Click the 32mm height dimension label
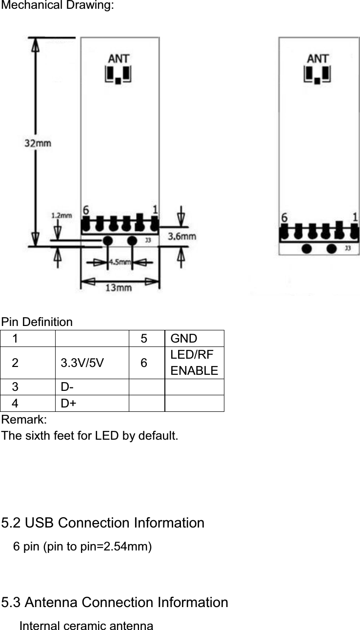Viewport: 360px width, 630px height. coord(38,144)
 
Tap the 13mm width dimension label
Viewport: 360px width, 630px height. coord(119,287)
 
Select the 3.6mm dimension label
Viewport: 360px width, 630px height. coord(182,236)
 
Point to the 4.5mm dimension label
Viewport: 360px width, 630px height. coord(119,262)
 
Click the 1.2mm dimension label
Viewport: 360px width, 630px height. coord(61,214)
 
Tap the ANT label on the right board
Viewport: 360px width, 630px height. coord(318,59)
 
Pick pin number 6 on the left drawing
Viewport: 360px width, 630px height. coord(86,210)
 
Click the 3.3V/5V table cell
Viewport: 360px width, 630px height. coord(82,364)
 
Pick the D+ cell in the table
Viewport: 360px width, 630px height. coord(69,404)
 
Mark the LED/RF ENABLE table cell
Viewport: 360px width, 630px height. coord(194,364)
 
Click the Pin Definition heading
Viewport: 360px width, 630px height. coord(37,322)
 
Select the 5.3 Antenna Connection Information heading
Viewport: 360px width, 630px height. coord(115,602)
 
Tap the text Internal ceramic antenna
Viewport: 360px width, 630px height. coord(86,626)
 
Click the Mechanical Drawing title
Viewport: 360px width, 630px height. coord(58,6)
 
